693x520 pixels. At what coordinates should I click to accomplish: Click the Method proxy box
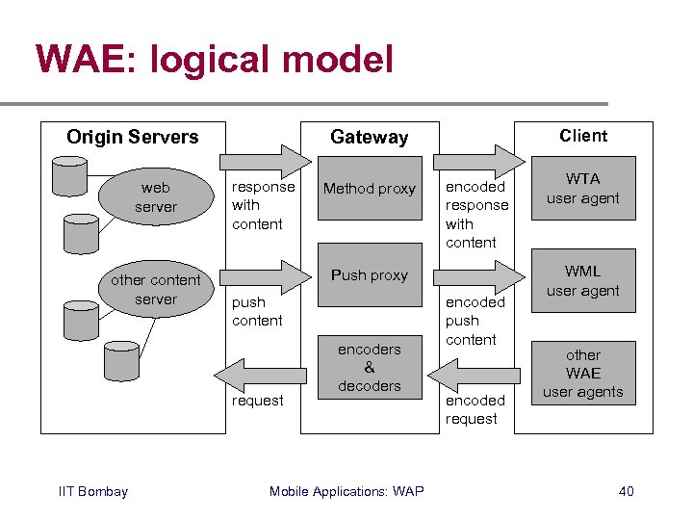point(370,189)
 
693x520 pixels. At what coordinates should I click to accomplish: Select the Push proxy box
point(370,275)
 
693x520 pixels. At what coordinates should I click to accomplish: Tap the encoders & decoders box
point(370,367)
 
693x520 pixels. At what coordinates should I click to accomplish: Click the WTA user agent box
point(583,189)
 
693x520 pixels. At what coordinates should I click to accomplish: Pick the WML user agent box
point(583,281)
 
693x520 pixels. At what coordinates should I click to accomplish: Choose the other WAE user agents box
point(583,374)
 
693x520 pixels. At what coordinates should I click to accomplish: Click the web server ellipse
point(156,197)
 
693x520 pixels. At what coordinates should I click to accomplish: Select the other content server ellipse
point(156,289)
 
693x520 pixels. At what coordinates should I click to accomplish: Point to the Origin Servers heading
point(133,137)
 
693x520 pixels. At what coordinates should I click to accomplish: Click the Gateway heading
point(370,138)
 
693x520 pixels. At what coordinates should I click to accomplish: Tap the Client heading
point(583,136)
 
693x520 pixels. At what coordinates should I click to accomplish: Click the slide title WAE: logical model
point(215,60)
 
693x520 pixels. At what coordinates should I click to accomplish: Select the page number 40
point(626,492)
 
